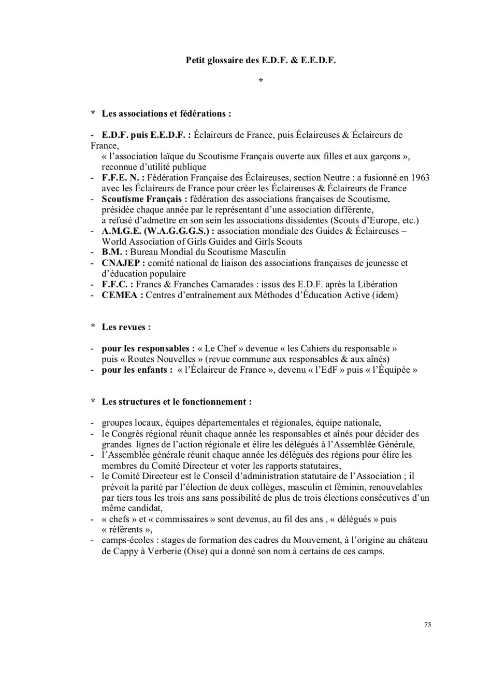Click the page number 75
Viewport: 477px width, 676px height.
pos(427,625)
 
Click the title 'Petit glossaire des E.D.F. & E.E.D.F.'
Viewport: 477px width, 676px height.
pos(261,60)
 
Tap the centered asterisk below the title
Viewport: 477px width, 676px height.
pos(261,81)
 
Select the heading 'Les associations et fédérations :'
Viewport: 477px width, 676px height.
pos(166,113)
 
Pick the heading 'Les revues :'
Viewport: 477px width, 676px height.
pos(126,327)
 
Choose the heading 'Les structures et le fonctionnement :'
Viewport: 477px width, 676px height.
pos(177,402)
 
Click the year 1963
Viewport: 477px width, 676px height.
pos(418,177)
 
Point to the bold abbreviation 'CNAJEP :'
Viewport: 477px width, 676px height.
pos(123,263)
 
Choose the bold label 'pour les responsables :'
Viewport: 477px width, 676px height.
pos(148,348)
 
